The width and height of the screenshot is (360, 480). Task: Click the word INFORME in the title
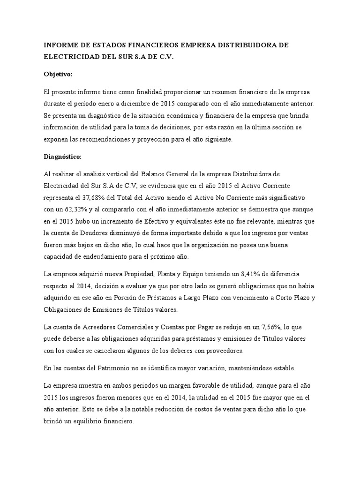pos(60,45)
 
